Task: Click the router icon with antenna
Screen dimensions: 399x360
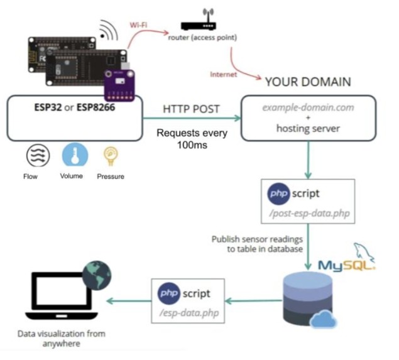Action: tap(199, 19)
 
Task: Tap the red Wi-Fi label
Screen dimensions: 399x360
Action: tap(138, 25)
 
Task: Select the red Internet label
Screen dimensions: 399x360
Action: tap(224, 74)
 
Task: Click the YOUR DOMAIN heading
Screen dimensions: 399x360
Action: tap(308, 82)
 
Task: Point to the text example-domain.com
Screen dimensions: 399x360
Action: tap(308, 107)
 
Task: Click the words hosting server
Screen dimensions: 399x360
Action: tap(308, 128)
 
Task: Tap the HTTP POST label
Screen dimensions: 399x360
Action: tap(191, 109)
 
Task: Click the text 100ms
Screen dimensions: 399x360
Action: tap(192, 145)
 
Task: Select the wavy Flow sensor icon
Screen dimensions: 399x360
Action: tap(38, 155)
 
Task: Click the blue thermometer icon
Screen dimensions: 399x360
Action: tap(75, 155)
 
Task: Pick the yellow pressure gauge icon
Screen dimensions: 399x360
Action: tap(111, 156)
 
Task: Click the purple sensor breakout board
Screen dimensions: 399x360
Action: tap(119, 85)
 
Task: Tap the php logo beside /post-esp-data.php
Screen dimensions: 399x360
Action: tap(278, 194)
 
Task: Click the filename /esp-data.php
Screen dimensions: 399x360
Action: tap(189, 313)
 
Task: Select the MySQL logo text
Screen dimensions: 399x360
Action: tap(346, 265)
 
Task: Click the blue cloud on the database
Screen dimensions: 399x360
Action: tap(323, 319)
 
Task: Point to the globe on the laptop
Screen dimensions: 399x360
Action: tap(97, 275)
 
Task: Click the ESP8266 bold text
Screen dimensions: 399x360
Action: tap(96, 107)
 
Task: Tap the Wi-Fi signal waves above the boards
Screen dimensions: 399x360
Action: tap(109, 30)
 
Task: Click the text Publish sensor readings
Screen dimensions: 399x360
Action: tap(257, 239)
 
